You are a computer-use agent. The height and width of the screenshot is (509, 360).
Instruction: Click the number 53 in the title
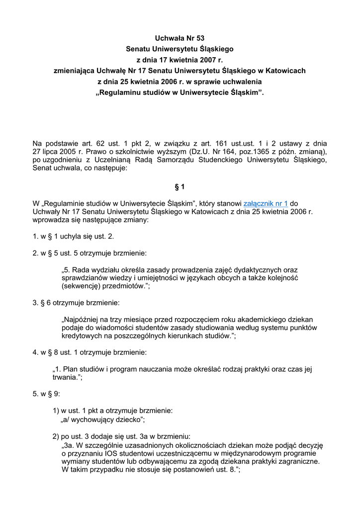[x=199, y=38]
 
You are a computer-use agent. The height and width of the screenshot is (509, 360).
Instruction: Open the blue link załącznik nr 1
[x=266, y=203]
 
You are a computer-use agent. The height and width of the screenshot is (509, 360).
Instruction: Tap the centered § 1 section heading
[x=180, y=187]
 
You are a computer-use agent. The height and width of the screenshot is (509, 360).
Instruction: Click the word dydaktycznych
[x=255, y=269]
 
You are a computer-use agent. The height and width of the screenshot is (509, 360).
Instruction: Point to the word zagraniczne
[x=296, y=461]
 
